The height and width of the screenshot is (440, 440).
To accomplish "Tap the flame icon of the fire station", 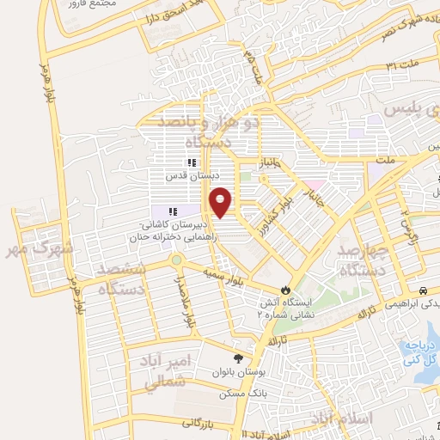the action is (286, 290).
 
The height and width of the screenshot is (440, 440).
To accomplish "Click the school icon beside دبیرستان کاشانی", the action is (173, 211).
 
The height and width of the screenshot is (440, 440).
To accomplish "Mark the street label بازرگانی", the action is (202, 422).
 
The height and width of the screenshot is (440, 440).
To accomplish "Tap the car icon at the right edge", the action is (424, 290).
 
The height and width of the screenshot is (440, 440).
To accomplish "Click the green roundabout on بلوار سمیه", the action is (175, 259).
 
